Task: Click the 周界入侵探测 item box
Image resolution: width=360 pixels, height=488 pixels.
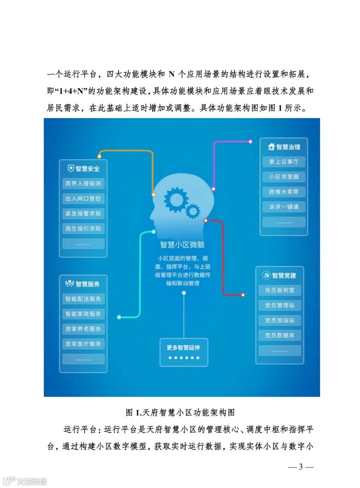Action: [x=83, y=184]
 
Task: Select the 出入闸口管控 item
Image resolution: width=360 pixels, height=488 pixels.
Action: [x=83, y=199]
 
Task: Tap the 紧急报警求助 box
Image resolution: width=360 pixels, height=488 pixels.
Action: [x=83, y=214]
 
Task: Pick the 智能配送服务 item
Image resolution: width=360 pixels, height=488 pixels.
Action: [x=83, y=299]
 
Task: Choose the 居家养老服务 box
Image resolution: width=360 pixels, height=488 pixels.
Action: [x=83, y=329]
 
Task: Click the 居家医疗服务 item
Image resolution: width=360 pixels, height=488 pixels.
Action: [x=83, y=344]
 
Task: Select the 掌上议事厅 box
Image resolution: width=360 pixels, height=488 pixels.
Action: [x=284, y=162]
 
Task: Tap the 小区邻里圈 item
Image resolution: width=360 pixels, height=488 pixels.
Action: [x=284, y=177]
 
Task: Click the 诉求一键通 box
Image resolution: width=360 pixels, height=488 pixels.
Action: [x=284, y=207]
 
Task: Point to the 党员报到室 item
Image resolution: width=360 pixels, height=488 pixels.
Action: [x=280, y=290]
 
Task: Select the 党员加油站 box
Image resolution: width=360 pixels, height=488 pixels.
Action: [x=280, y=320]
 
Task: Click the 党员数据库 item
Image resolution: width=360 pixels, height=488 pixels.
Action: [x=280, y=335]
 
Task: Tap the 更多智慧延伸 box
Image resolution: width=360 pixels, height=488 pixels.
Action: [x=184, y=352]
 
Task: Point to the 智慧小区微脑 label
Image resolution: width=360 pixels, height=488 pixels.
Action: [x=182, y=245]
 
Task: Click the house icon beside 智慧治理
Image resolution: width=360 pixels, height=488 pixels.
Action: [x=271, y=147]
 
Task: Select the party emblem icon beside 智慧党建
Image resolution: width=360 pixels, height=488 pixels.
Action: [x=266, y=275]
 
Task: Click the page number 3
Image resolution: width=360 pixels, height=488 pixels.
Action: [x=301, y=467]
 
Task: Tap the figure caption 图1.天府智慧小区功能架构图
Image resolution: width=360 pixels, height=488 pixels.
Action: [x=180, y=412]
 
